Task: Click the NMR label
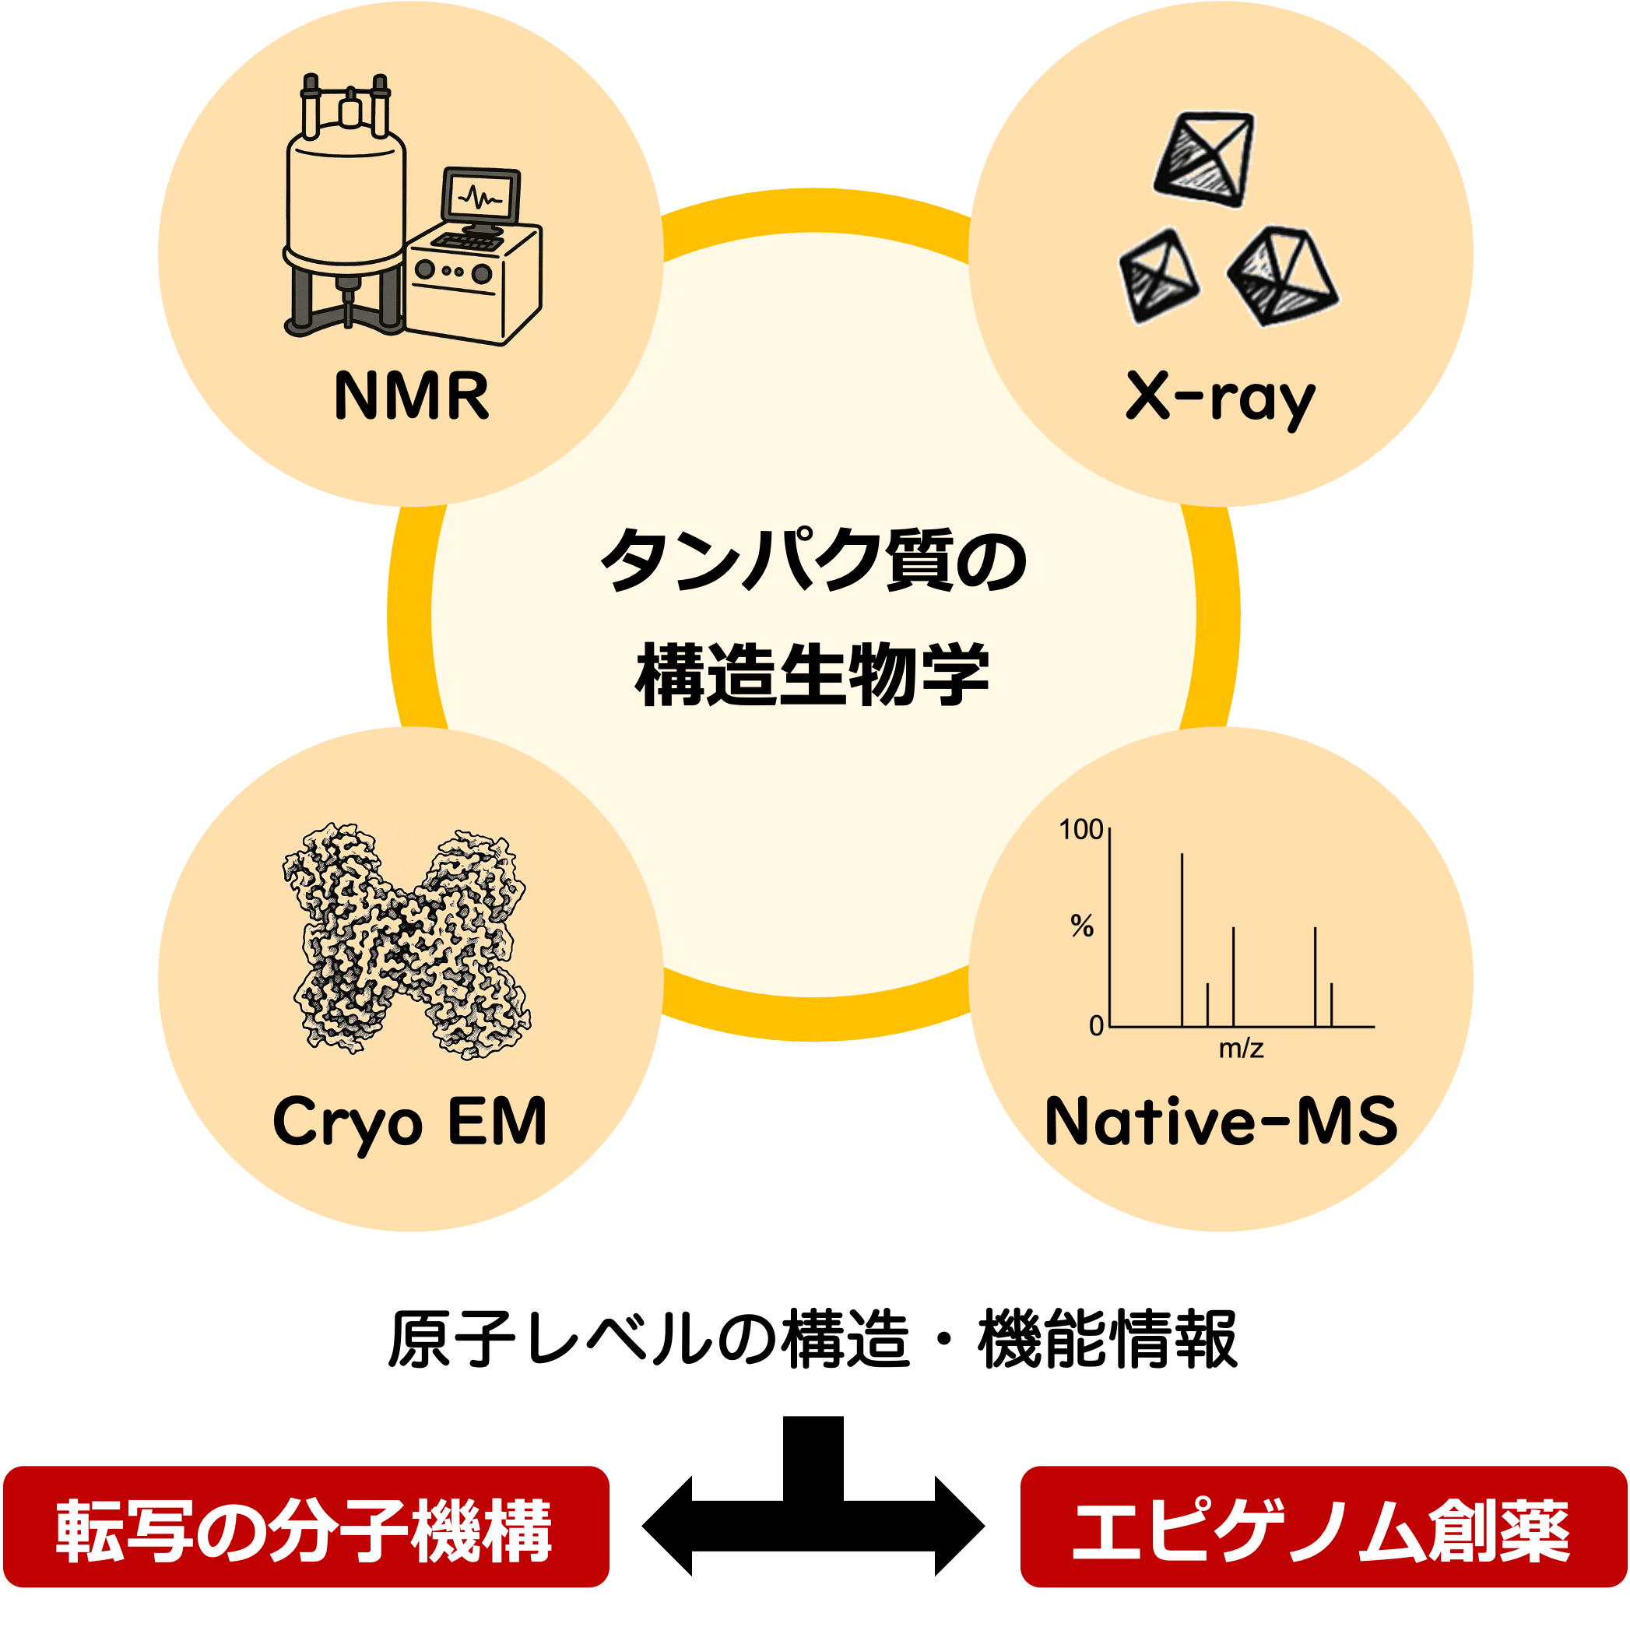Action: click(411, 395)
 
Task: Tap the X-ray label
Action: click(1220, 396)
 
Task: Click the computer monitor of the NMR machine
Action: click(481, 198)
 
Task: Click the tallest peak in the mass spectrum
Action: click(1182, 936)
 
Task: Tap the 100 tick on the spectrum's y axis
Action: click(1080, 831)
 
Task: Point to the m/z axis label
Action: click(1241, 1049)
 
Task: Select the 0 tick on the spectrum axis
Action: click(1096, 1026)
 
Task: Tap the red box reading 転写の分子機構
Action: click(306, 1527)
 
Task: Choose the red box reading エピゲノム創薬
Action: click(1323, 1527)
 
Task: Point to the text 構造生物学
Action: click(812, 675)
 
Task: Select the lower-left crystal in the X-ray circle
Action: click(1158, 275)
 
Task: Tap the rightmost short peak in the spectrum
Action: click(1331, 1006)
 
